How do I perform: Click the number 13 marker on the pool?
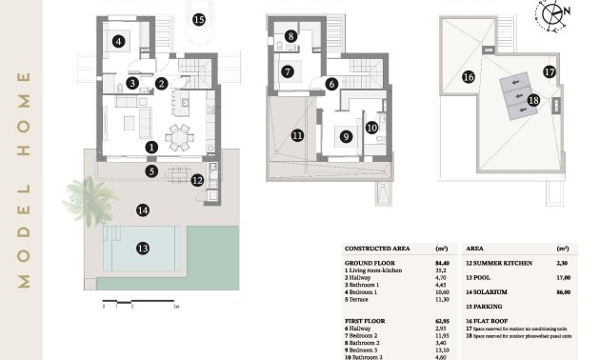142,248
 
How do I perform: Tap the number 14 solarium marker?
142,210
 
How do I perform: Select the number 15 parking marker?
198,19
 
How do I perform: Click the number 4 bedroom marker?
118,41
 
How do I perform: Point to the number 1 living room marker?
151,147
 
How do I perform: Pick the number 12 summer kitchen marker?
196,179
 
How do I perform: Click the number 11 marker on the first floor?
297,136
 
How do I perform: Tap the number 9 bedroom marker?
346,136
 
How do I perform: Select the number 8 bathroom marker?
290,36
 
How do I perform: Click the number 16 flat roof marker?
468,77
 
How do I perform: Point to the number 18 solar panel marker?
532,99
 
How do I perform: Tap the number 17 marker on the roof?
549,71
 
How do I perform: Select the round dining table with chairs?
178,136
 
